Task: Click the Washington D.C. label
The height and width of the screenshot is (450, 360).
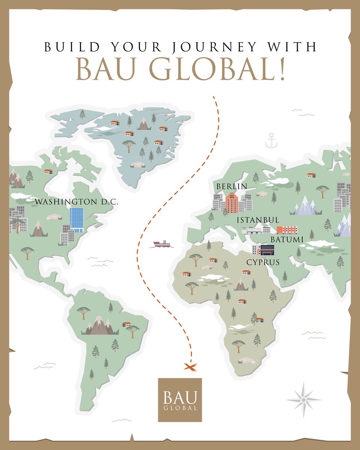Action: [76, 202]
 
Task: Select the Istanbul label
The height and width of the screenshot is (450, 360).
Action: [258, 220]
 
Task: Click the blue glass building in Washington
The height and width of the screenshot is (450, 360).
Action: [76, 219]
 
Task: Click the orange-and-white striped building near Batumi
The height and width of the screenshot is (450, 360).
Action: [287, 229]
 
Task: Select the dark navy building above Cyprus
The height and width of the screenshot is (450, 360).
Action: [267, 250]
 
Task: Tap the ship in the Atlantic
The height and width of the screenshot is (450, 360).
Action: [162, 244]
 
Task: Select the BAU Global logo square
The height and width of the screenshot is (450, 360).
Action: [180, 400]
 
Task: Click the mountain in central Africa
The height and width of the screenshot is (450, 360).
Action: [241, 284]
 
